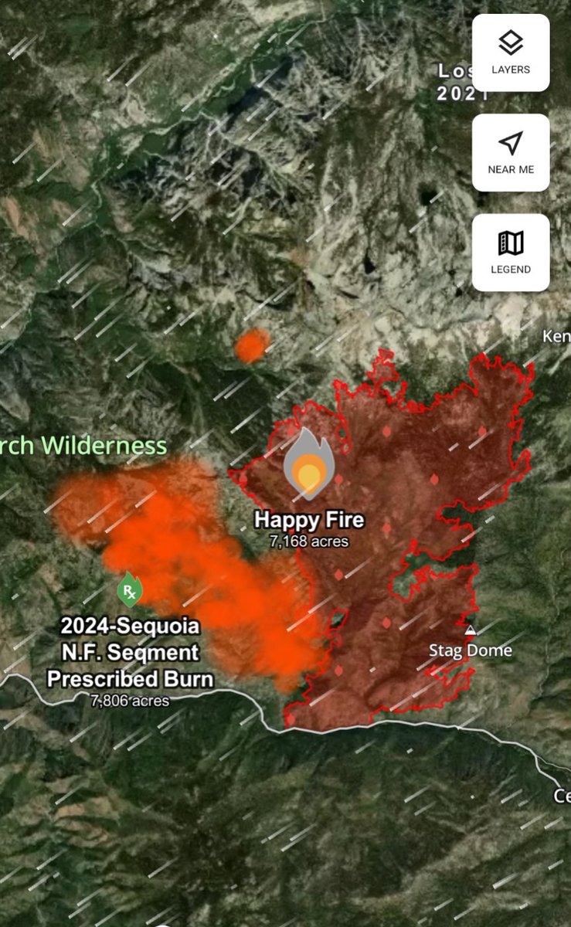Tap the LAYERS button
511,53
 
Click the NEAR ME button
511,153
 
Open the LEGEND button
511,253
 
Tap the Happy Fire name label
309,519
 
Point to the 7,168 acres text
309,542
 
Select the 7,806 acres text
130,701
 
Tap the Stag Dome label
471,650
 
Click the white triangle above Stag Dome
470,630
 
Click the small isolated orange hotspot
251,345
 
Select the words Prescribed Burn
130,678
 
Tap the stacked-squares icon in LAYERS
511,43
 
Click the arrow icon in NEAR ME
511,143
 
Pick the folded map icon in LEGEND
511,243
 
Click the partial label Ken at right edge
556,337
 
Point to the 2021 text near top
462,94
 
